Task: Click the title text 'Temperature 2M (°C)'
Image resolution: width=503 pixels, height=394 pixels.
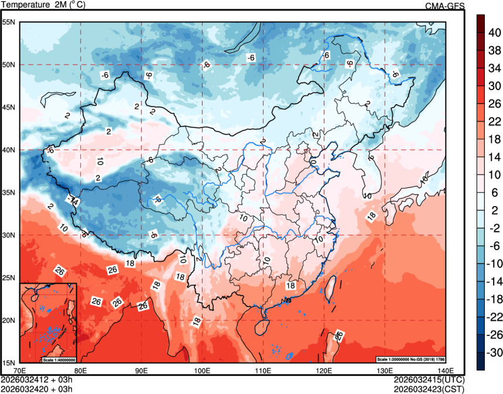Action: click(44, 5)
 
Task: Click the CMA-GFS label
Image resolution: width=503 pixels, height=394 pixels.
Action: click(444, 6)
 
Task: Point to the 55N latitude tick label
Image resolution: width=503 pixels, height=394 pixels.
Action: click(9, 22)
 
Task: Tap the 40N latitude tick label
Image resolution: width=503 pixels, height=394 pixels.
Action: click(9, 150)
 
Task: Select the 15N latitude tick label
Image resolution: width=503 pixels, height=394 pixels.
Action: click(9, 363)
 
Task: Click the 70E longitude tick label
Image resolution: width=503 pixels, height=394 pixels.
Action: click(20, 371)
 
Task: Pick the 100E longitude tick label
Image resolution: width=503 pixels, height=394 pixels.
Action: click(202, 371)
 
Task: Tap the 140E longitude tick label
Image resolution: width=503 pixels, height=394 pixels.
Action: click(445, 371)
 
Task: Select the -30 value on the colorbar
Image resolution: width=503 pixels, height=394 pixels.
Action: click(494, 352)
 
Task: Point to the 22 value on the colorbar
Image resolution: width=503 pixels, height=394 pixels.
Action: click(494, 121)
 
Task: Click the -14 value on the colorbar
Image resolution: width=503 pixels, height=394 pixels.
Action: click(494, 281)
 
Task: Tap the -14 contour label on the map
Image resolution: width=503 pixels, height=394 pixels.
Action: click(73, 201)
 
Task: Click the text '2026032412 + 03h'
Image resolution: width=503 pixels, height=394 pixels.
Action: click(36, 379)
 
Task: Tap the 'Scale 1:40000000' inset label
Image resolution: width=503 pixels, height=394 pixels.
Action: click(59, 359)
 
